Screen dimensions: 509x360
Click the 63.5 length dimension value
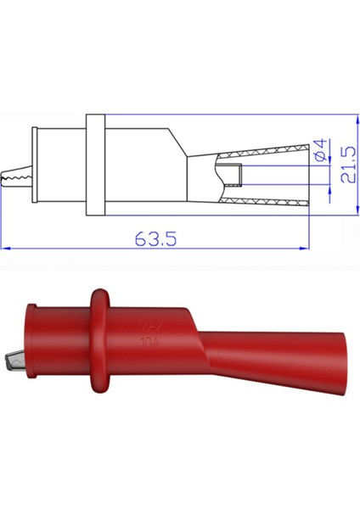click(155, 239)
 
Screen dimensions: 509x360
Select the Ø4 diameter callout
click(320, 153)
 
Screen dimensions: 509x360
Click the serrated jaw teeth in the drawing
click(15, 176)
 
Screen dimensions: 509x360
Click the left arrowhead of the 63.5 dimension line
click(7, 249)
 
